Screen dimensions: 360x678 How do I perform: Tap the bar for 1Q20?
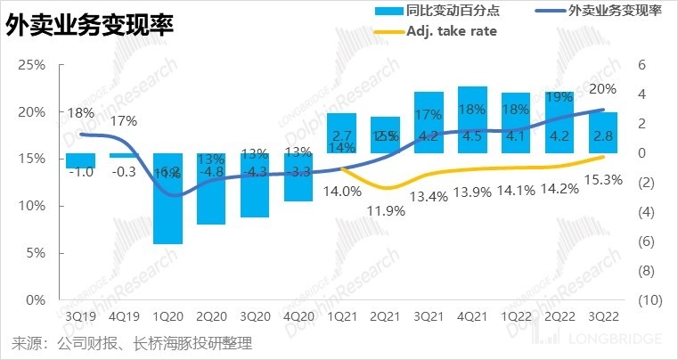click(167, 198)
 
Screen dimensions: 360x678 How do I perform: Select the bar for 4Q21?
click(472, 119)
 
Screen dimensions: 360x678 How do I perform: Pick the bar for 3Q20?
click(255, 185)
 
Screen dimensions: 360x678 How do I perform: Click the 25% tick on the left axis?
click(32, 65)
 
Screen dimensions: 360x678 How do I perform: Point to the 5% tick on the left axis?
click(36, 253)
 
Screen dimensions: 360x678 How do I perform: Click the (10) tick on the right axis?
click(649, 300)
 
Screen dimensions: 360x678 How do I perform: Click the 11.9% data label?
click(386, 211)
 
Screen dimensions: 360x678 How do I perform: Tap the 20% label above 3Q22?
click(603, 89)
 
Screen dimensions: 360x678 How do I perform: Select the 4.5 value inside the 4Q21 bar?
click(472, 136)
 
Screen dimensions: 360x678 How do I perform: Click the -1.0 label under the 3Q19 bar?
click(80, 172)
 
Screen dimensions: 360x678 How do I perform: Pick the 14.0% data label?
click(341, 190)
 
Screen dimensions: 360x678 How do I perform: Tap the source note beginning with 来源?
click(131, 342)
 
